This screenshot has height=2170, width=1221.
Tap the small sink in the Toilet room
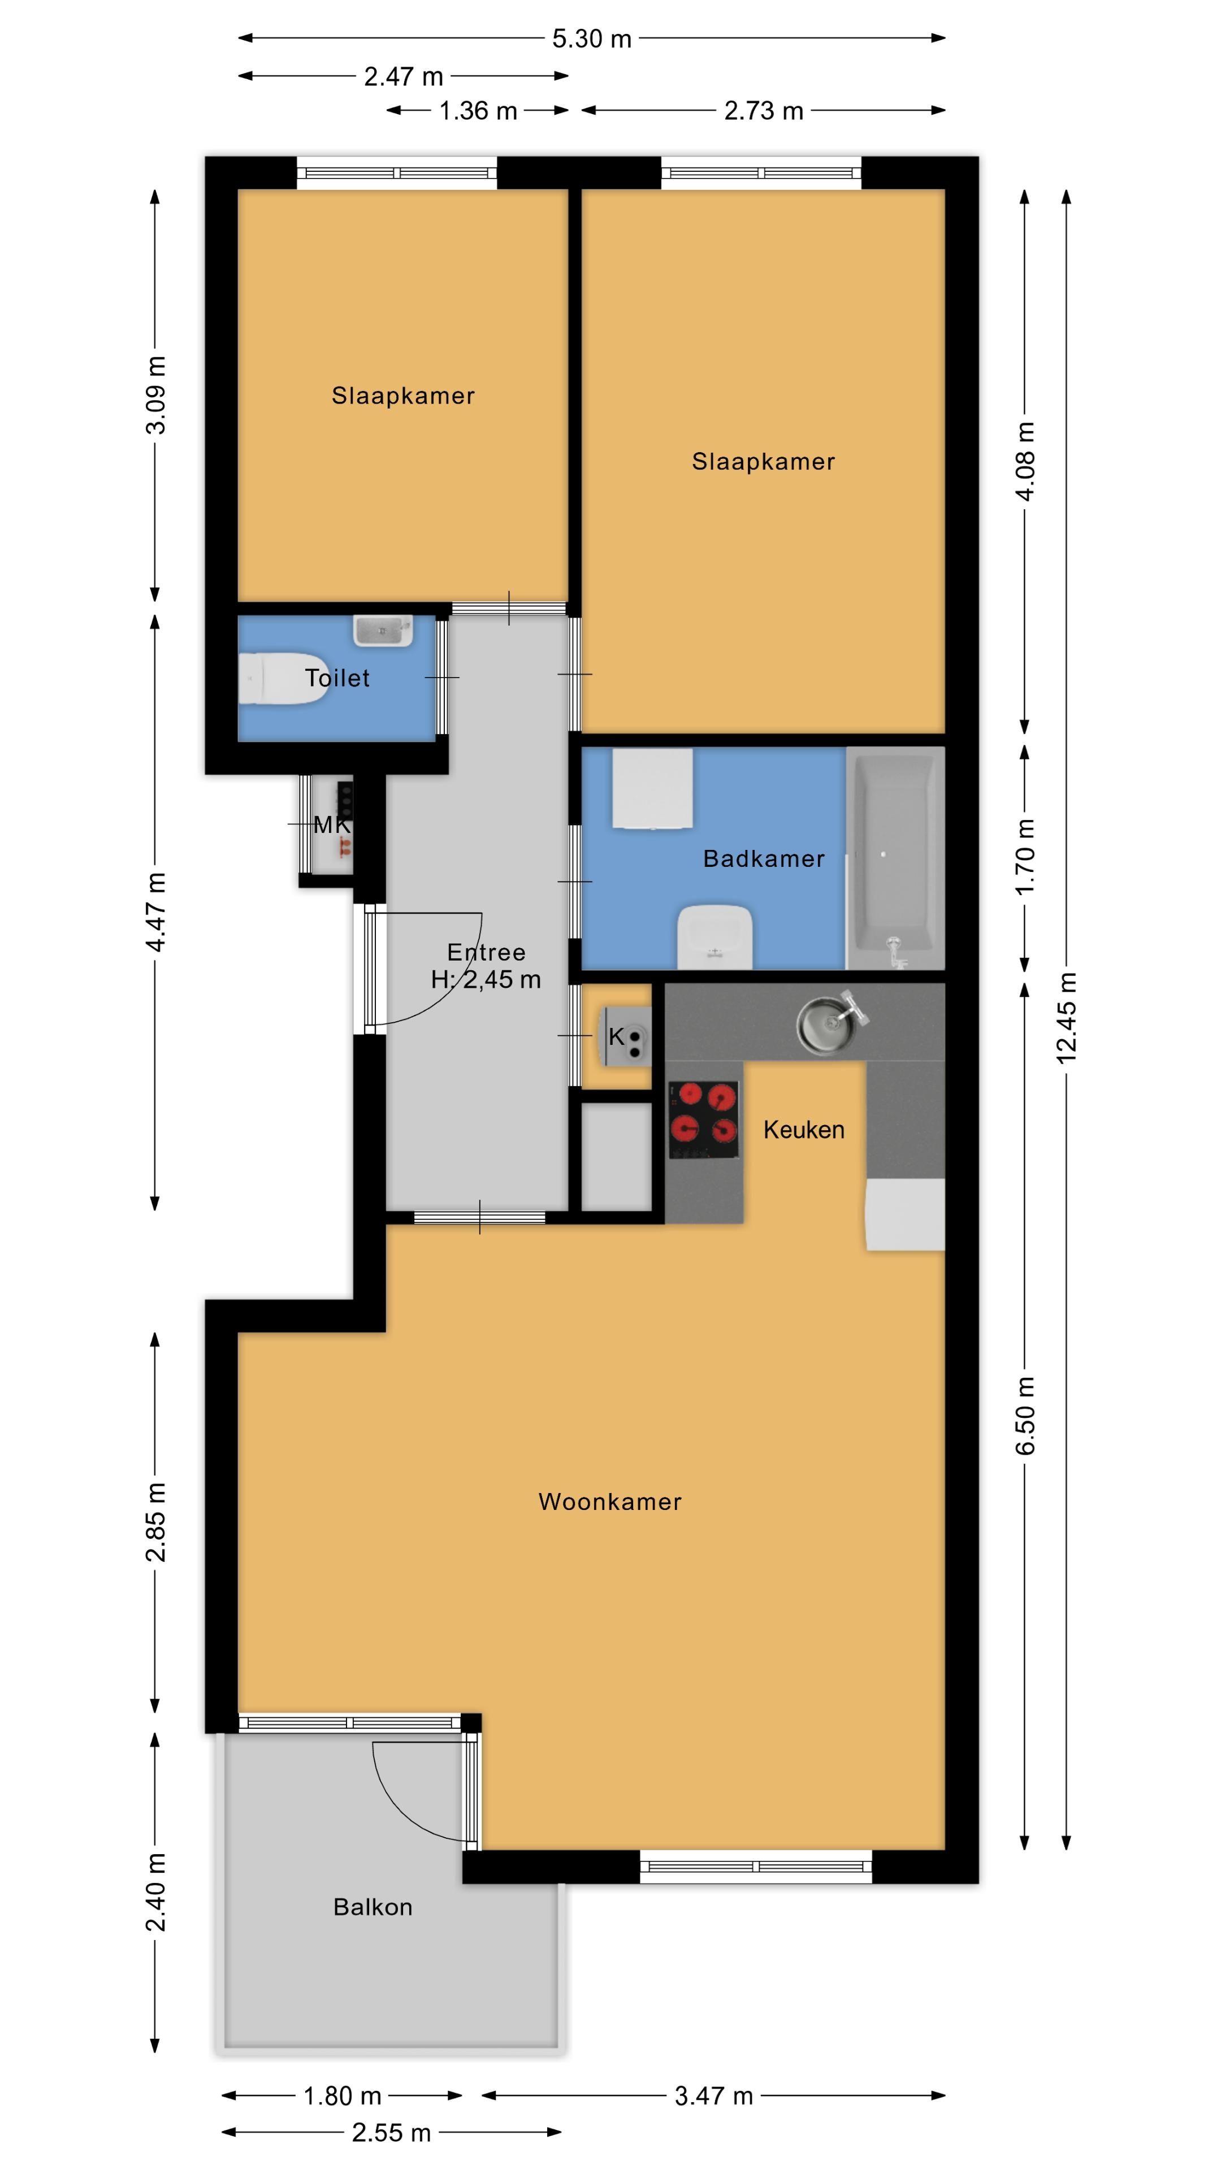point(383,630)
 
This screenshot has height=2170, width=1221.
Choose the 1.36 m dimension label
point(478,110)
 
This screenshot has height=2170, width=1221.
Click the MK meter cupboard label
point(331,824)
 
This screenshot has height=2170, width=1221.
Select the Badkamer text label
point(764,858)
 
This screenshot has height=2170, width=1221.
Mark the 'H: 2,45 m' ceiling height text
point(486,979)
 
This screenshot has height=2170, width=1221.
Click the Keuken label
point(804,1130)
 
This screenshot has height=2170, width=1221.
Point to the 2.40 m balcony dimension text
point(155,1892)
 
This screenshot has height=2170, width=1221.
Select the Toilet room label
point(337,678)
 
